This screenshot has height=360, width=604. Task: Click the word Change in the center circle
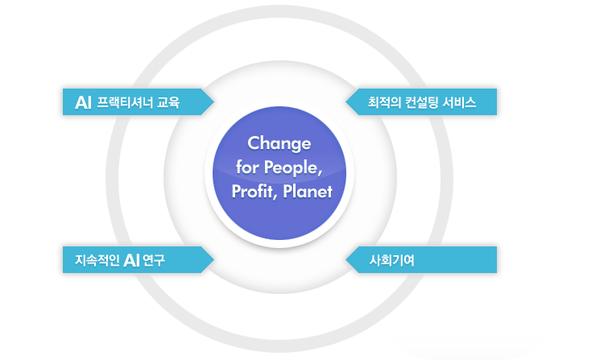pos(279,144)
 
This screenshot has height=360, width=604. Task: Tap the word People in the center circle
pos(293,168)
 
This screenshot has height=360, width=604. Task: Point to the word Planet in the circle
pos(307,192)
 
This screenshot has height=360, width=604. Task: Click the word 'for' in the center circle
pos(247,167)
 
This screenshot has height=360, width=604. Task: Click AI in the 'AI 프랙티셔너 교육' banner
pos(83,102)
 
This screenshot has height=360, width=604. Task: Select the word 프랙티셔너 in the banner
pos(125,102)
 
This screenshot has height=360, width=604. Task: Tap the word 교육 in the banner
pos(168,102)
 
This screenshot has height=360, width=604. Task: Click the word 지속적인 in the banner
pos(97,260)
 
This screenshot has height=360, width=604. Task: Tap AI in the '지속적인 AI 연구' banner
pos(132,261)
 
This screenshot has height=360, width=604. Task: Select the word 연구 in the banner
pos(154,260)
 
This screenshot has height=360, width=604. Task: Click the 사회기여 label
pos(391,260)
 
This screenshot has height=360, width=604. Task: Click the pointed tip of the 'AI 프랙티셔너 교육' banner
pos(213,101)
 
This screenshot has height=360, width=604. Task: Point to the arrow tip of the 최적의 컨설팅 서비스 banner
pos(346,101)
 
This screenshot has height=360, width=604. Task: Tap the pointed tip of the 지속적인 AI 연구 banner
pos(213,260)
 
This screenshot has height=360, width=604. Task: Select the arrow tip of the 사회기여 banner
pos(346,260)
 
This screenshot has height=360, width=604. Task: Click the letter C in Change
pos(254,143)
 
